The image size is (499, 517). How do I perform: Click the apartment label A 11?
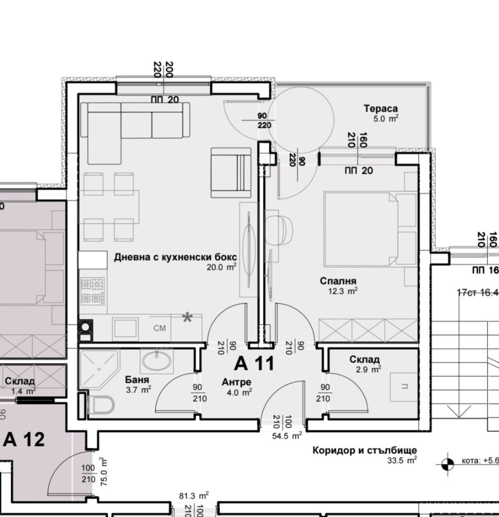254,363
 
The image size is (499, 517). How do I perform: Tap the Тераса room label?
380,109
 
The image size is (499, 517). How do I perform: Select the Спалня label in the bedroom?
338,281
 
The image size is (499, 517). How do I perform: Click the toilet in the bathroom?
103,405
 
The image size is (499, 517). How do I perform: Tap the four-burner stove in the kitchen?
93,291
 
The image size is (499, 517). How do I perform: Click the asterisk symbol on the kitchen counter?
187,318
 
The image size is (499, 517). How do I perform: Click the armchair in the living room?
231,173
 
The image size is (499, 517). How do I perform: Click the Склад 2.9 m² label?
365,359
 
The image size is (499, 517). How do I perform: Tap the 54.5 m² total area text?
287,435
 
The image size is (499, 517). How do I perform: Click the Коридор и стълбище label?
365,450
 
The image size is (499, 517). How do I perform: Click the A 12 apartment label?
24,439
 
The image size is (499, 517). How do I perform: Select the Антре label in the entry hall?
236,382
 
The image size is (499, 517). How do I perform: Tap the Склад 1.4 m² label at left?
20,381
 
